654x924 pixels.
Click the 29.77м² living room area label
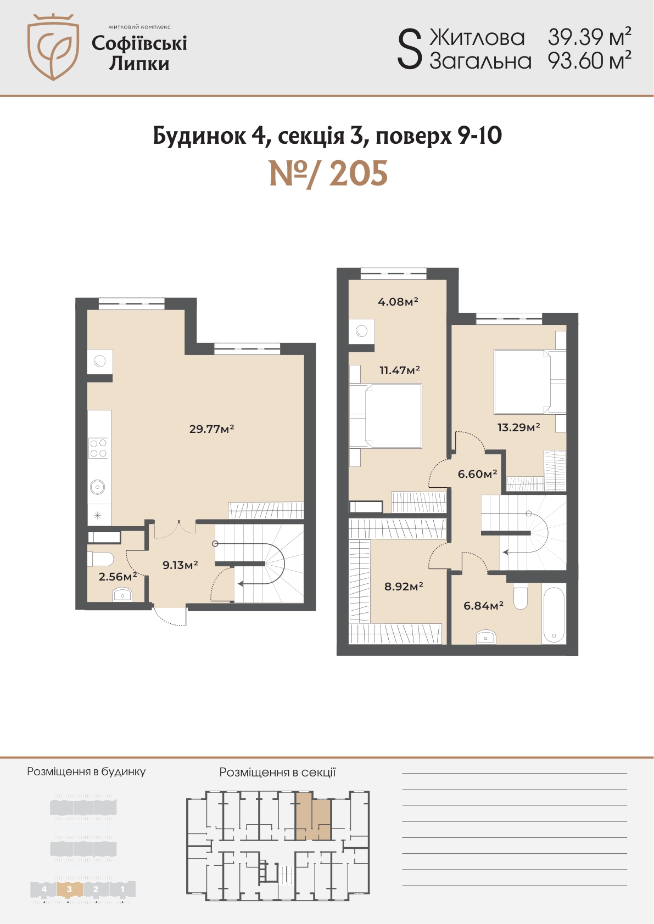212,429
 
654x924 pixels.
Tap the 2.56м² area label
118,576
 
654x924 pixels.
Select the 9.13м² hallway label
181,565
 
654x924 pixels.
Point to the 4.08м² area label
398,302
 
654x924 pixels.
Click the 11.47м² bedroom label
400,370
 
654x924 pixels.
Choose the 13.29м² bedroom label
518,427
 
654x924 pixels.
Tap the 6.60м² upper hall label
477,474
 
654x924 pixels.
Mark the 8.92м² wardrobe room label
404,586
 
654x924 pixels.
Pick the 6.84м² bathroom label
483,606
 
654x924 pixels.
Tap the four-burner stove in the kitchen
98,448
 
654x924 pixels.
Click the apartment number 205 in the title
359,173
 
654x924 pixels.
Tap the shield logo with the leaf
53,47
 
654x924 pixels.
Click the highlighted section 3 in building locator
70,889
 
